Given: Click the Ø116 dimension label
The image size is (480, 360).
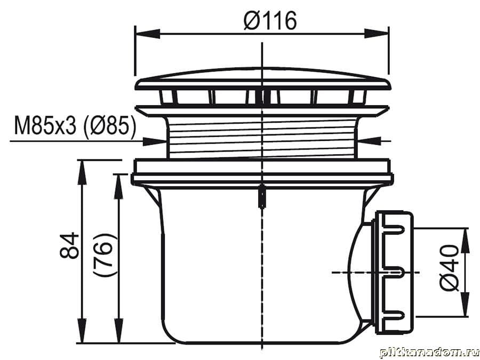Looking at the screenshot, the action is (270, 21).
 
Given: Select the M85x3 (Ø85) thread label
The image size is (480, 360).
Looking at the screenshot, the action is (75, 125).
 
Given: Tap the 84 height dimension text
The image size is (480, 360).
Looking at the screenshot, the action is (69, 245).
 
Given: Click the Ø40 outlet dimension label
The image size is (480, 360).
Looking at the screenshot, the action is (449, 268).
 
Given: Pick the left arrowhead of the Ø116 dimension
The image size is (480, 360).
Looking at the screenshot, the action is (148, 34).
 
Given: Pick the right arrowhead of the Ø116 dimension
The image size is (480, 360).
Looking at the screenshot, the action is (376, 34).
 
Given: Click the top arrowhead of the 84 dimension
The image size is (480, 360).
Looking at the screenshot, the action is (82, 172).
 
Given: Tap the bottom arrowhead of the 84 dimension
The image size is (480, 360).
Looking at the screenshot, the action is (82, 331).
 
